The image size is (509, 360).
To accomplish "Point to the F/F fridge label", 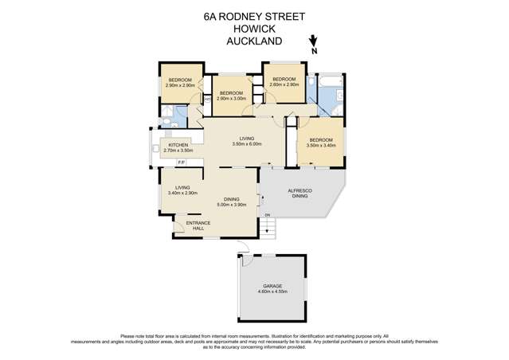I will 181,162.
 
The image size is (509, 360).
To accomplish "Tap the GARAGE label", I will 272,286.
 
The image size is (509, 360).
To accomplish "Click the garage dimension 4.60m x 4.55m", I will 272,292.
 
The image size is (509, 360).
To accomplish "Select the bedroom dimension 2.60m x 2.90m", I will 284,84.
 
